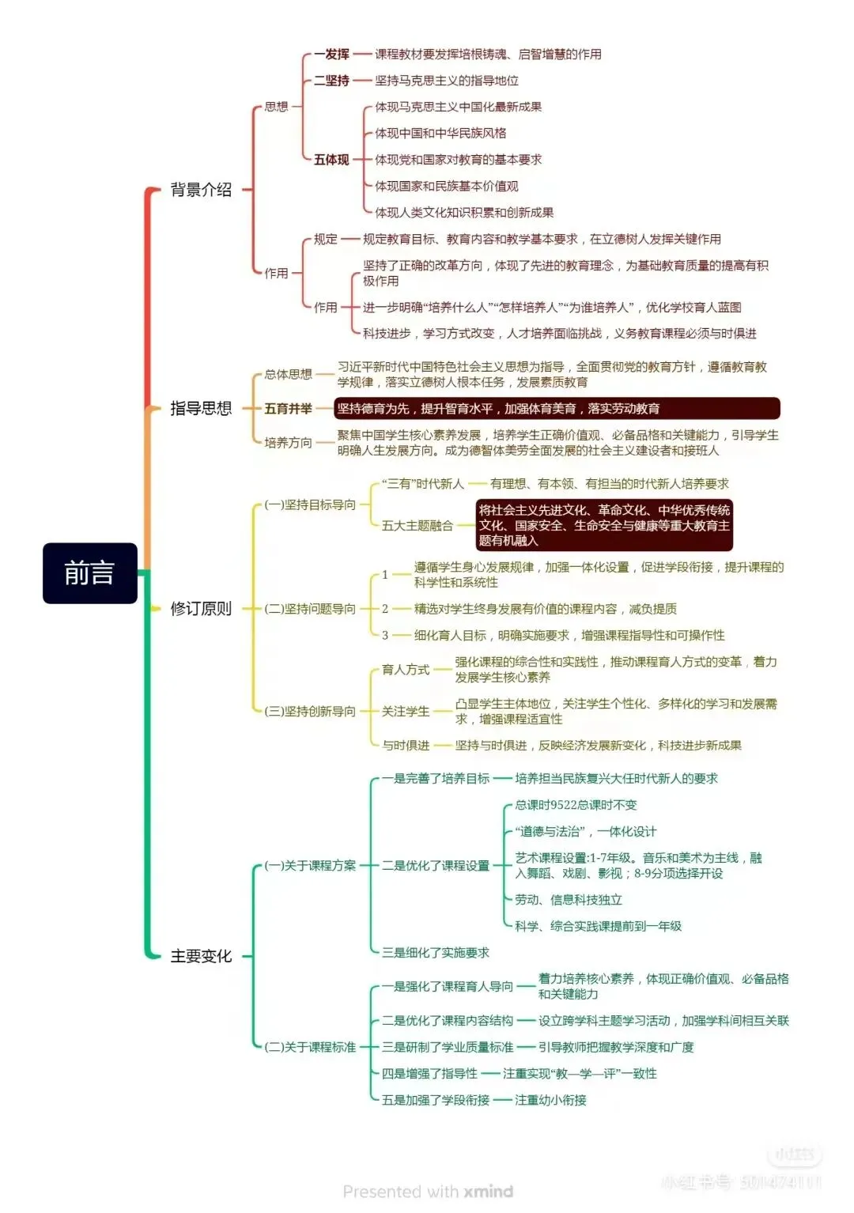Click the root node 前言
point(89,573)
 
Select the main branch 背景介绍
point(201,190)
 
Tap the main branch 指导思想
point(201,408)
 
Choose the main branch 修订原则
point(201,609)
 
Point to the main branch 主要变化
point(201,956)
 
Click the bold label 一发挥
point(331,55)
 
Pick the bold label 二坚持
point(331,81)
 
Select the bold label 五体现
point(331,160)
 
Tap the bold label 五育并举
point(288,409)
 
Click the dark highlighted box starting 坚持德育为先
point(557,409)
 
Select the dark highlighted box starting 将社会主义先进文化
point(604,525)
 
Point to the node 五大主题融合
point(417,526)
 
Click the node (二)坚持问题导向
point(310,609)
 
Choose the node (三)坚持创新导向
point(310,712)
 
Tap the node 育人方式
point(405,670)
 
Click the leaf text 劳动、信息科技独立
point(569,900)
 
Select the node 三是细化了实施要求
point(435,953)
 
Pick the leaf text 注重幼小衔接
point(550,1100)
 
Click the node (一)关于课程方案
point(310,866)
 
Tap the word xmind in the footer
point(489,1192)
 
